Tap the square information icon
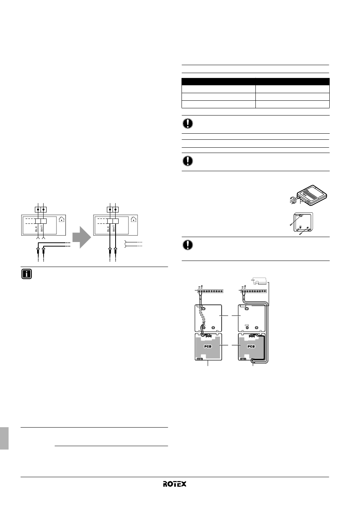pyautogui.click(x=27, y=274)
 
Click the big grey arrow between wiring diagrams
pyautogui.click(x=81, y=237)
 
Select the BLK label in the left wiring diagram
pyautogui.click(x=36, y=229)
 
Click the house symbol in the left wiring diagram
pyautogui.click(x=62, y=219)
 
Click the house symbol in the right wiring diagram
pyautogui.click(x=134, y=219)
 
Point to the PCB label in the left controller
pyautogui.click(x=208, y=346)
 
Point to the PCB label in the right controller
pyautogui.click(x=251, y=346)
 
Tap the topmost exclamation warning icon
pyautogui.click(x=188, y=123)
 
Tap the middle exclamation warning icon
pyautogui.click(x=188, y=161)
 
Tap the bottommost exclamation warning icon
pyautogui.click(x=188, y=245)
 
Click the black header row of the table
pyautogui.click(x=255, y=81)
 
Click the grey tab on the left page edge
pyautogui.click(x=4, y=438)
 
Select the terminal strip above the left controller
pyautogui.click(x=210, y=291)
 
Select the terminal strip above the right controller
pyautogui.click(x=254, y=291)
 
